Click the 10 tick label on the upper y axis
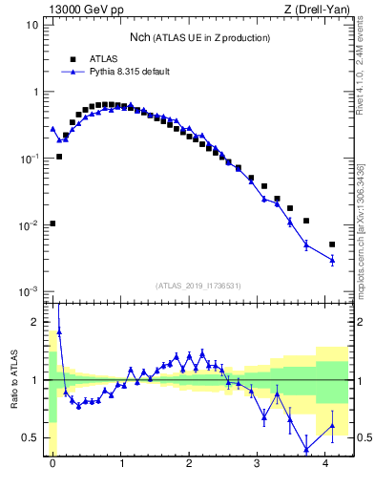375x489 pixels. pos(31,25)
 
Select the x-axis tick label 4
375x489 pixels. pos(327,463)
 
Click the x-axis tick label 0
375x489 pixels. pos(52,463)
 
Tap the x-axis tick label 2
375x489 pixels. pos(190,463)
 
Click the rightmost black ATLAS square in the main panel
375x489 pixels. pos(332,244)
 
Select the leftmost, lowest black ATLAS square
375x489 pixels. pos(52,223)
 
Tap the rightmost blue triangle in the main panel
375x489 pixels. pos(332,259)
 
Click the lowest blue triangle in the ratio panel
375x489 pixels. pos(306,449)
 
